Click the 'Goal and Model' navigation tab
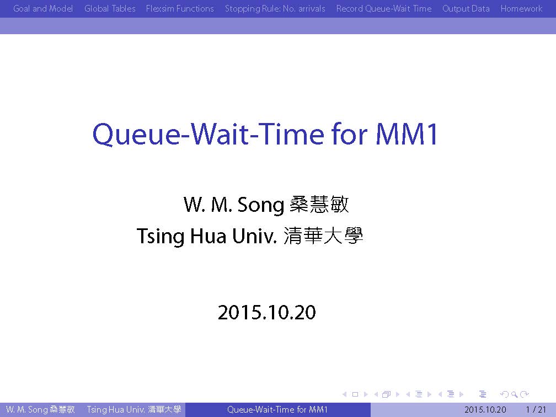(x=43, y=8)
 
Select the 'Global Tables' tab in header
(x=110, y=8)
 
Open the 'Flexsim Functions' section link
(x=180, y=8)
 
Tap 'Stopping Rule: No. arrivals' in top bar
(x=275, y=8)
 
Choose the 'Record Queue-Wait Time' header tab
(x=384, y=8)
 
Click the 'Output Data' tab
(x=466, y=8)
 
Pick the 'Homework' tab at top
(x=521, y=8)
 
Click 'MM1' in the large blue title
(x=407, y=134)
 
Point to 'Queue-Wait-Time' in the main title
(x=208, y=135)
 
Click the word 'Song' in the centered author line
(x=260, y=205)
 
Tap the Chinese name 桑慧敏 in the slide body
(x=319, y=204)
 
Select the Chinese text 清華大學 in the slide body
(x=323, y=236)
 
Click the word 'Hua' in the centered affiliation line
(x=208, y=236)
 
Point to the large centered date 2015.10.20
(x=266, y=312)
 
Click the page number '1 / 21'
(x=536, y=410)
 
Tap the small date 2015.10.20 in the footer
(x=485, y=410)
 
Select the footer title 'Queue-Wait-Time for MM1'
(x=277, y=410)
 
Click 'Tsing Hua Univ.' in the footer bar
(x=116, y=410)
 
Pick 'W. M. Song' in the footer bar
(x=26, y=410)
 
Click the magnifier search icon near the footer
(x=514, y=394)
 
